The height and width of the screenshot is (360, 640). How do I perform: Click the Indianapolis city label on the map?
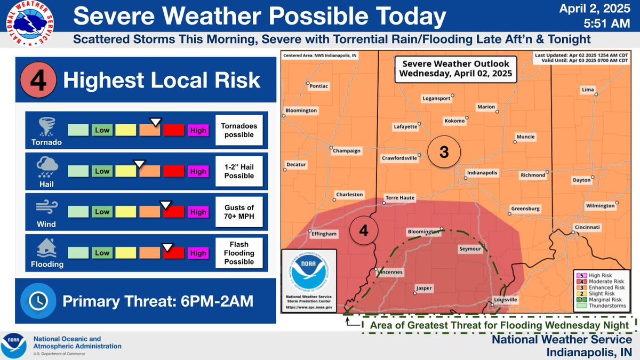[x=482, y=173]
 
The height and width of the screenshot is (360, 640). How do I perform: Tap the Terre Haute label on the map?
[x=399, y=197]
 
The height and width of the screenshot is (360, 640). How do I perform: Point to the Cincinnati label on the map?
[x=587, y=227]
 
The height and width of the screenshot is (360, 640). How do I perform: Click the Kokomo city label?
[x=454, y=121]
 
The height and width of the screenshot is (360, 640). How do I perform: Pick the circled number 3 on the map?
[x=443, y=153]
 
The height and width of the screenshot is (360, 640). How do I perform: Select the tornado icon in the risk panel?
[x=45, y=126]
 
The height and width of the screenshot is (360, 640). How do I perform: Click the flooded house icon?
[x=45, y=248]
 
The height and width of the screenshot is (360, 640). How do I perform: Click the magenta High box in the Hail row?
[x=198, y=171]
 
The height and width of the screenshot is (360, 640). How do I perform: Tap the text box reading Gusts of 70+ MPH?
[x=239, y=212]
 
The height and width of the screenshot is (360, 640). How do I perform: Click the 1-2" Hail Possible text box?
[x=239, y=171]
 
